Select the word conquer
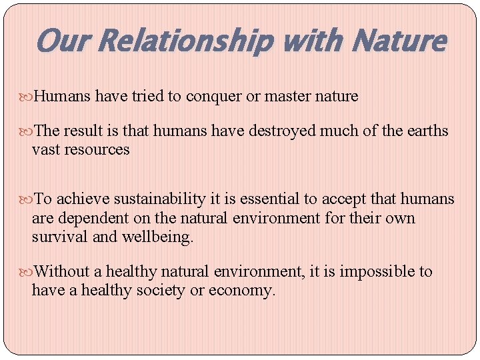coord(214,97)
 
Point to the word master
coord(287,97)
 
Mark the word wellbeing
coord(159,237)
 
